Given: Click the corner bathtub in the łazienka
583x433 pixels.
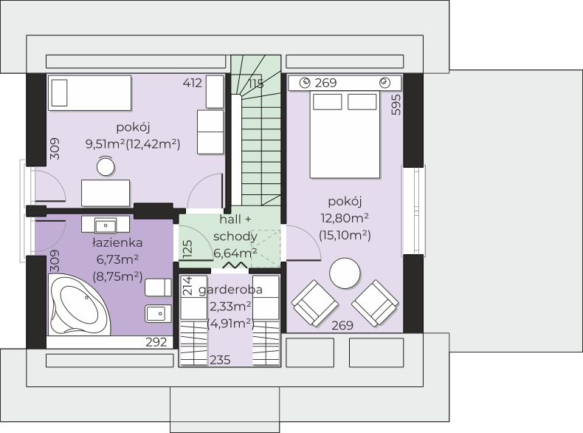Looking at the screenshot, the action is [x=79, y=304].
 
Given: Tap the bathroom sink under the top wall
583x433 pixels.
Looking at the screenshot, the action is [x=106, y=225].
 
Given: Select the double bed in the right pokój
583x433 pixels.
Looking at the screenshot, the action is [x=345, y=134].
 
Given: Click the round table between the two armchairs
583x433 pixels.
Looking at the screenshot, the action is [x=345, y=273].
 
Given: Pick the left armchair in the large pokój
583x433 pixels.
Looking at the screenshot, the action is [x=315, y=303].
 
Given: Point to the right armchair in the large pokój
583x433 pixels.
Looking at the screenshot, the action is [x=375, y=303].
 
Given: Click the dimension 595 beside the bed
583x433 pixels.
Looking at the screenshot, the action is [x=396, y=105].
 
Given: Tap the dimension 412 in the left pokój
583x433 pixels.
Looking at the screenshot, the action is [x=192, y=83].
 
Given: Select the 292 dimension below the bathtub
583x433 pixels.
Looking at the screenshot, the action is [x=156, y=342].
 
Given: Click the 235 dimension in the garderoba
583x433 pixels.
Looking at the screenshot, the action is [x=220, y=360].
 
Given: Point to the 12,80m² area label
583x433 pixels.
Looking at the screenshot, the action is [x=345, y=218].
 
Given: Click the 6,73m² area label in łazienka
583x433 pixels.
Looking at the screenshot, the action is [x=117, y=259].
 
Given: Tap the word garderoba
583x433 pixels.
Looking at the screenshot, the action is [x=230, y=290].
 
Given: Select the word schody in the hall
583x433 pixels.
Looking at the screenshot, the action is [x=235, y=236].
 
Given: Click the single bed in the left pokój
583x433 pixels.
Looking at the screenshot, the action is [x=89, y=93].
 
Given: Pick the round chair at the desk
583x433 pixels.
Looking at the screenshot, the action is [x=106, y=166].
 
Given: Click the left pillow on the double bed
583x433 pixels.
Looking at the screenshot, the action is [x=327, y=102].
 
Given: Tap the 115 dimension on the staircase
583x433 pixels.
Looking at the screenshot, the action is [x=256, y=83].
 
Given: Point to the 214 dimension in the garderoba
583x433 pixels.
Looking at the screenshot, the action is [x=188, y=285].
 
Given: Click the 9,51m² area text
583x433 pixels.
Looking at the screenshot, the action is [x=106, y=143].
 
